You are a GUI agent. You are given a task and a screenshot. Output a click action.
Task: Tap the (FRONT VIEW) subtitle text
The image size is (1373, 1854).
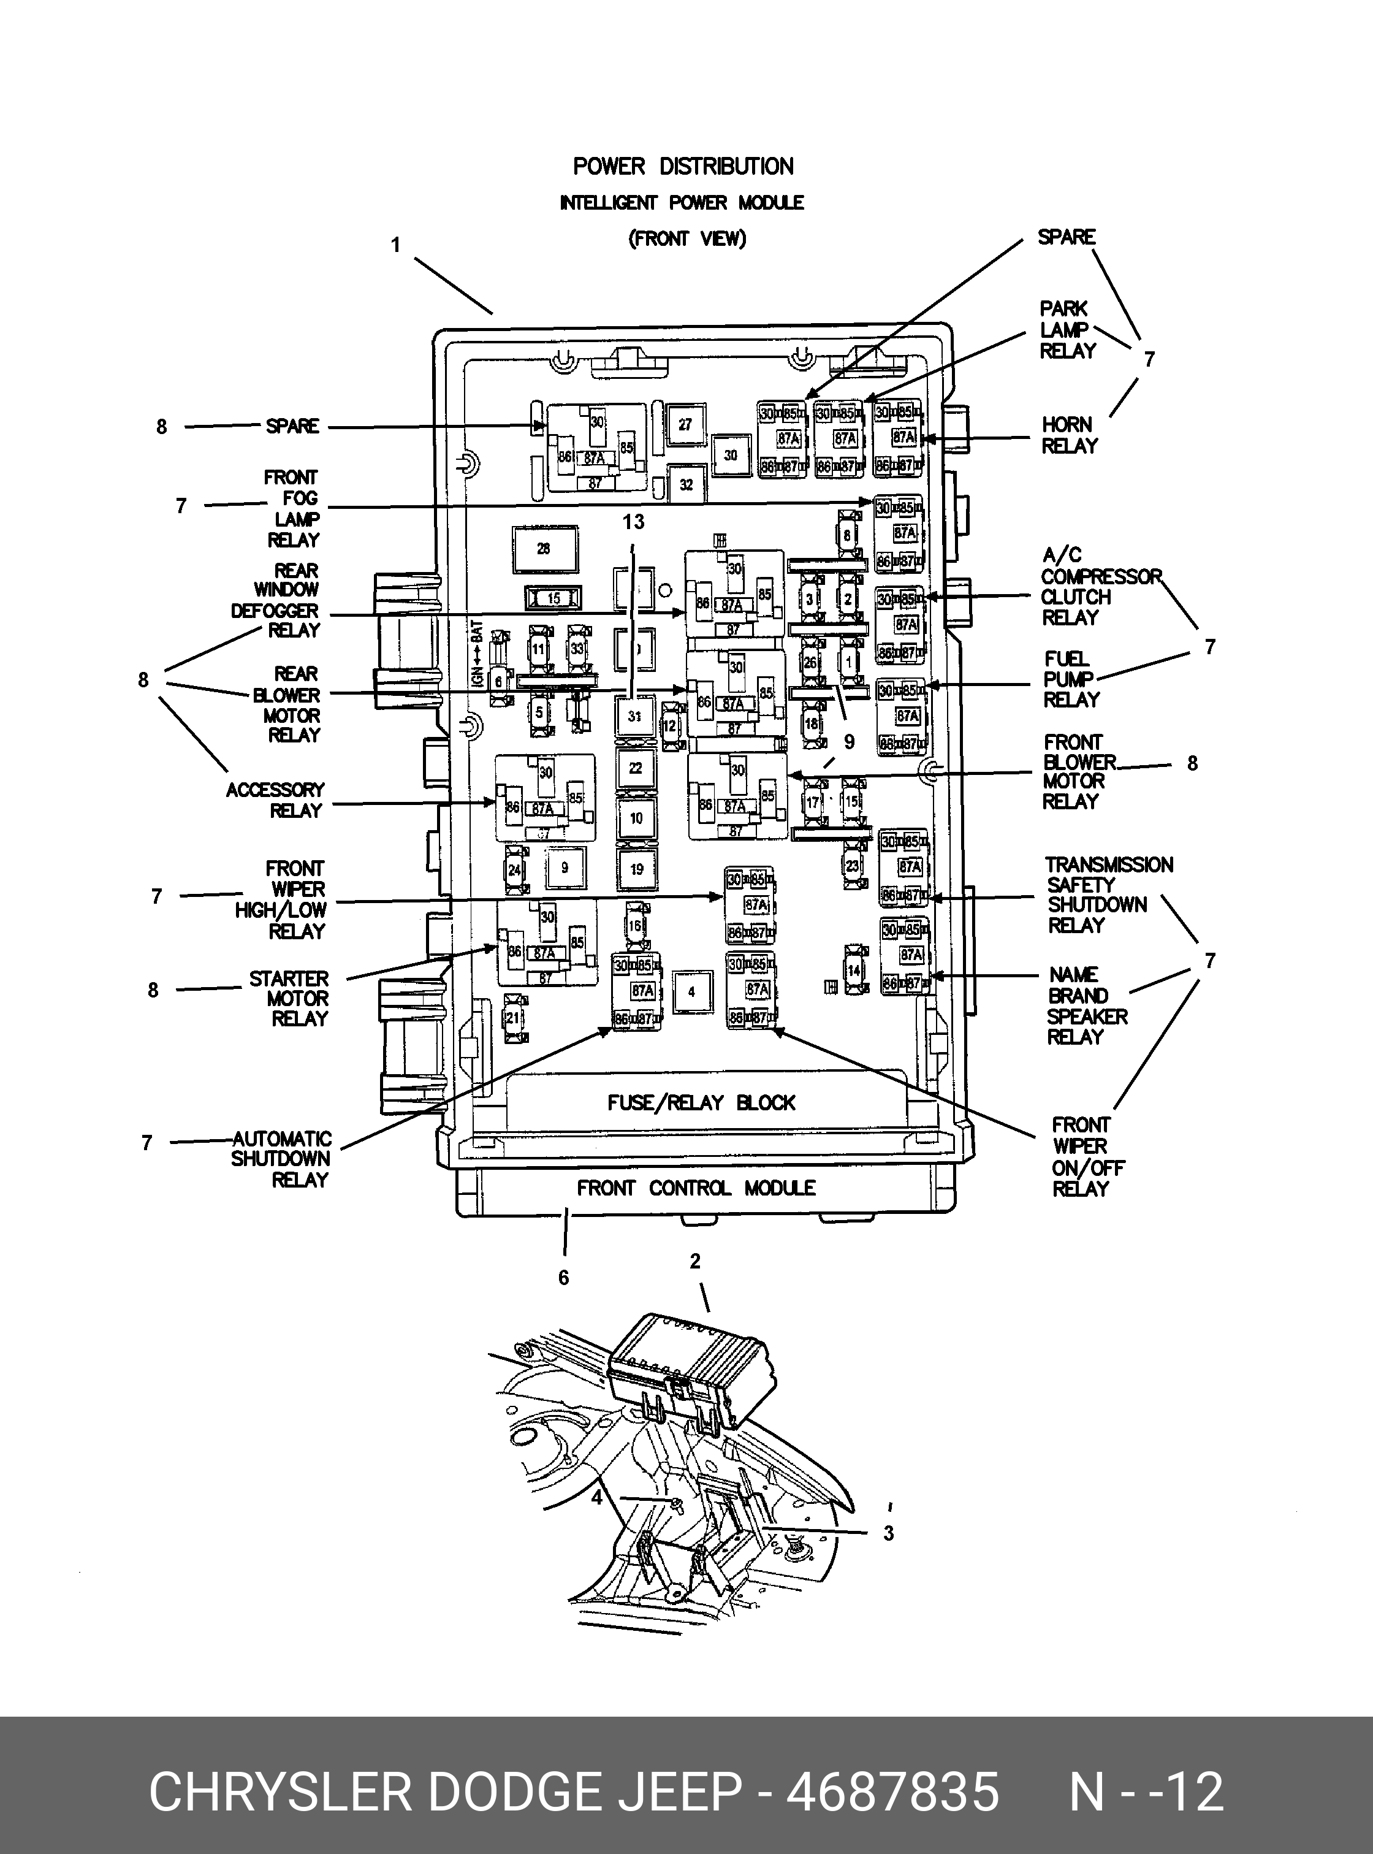tap(686, 238)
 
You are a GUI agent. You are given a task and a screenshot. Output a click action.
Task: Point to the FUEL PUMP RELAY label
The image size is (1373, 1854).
tap(1071, 679)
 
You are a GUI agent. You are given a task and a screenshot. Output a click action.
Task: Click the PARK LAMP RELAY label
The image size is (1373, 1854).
tap(1067, 330)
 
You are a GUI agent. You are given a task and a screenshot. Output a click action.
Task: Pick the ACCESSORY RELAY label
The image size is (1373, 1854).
tap(275, 800)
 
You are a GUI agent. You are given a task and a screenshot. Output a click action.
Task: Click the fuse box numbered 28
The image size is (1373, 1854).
tap(544, 548)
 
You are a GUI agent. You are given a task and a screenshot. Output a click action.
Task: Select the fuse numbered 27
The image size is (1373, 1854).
tap(684, 425)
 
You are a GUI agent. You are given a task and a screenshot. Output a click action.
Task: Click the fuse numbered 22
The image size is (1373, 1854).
tap(636, 768)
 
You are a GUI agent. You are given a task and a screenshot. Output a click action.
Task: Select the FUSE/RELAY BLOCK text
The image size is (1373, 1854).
tap(701, 1102)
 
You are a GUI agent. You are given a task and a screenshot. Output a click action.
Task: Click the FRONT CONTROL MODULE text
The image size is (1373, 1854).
tap(696, 1188)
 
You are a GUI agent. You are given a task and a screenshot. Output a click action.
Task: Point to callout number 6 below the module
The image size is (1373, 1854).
tap(563, 1277)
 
